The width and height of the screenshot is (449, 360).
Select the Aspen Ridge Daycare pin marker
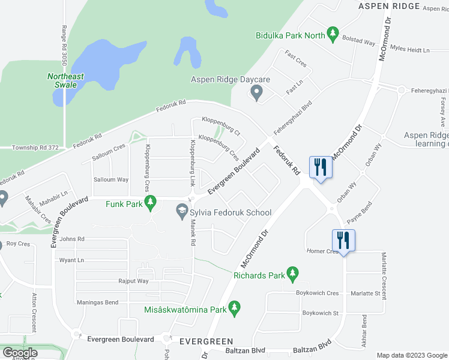tap(257, 93)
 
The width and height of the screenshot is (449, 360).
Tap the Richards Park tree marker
tap(292, 274)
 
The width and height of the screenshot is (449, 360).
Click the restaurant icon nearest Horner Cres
tap(343, 240)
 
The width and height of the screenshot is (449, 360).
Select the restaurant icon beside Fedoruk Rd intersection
tap(320, 167)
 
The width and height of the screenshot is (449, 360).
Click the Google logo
tap(19, 353)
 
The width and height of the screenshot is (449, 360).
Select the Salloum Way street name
tap(110, 179)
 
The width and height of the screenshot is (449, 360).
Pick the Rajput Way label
tap(133, 281)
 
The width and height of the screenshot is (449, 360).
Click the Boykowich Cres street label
tap(317, 293)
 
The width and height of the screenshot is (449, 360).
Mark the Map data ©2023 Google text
tap(412, 355)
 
